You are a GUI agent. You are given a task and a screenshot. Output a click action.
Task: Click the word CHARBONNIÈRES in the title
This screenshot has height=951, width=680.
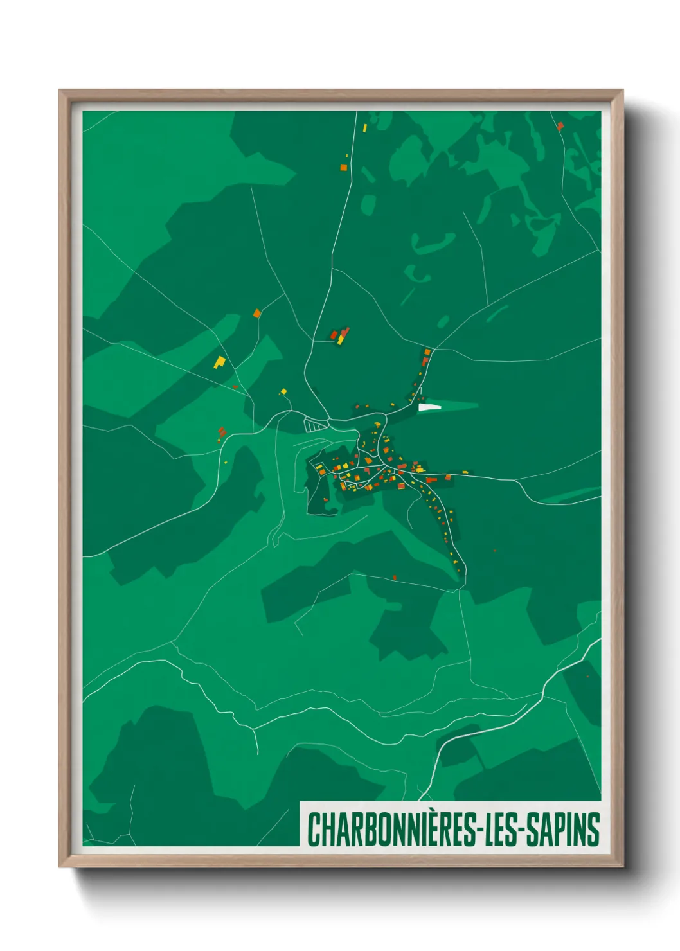click(x=391, y=830)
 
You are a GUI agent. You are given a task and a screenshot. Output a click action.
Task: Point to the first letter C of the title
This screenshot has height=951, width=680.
click(x=314, y=830)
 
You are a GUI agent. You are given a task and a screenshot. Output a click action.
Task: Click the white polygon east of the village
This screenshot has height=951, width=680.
click(x=429, y=406)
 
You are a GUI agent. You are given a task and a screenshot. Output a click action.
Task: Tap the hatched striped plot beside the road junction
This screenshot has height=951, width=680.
click(x=314, y=425)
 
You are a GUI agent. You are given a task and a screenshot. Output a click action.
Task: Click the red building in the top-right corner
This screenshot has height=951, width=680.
click(x=560, y=126)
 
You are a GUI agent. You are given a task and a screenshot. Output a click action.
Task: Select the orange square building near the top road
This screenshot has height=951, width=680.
click(x=343, y=168)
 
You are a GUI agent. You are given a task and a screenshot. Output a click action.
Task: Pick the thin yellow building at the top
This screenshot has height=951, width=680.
click(x=364, y=127)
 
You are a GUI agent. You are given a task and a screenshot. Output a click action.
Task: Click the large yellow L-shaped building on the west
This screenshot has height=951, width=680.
click(x=220, y=362)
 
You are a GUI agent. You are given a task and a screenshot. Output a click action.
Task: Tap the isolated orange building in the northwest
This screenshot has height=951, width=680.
click(x=257, y=314)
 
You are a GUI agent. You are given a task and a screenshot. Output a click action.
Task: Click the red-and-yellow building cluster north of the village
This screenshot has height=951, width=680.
click(x=339, y=335)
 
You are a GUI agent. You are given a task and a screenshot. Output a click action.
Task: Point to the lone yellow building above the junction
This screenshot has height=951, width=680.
click(x=283, y=391)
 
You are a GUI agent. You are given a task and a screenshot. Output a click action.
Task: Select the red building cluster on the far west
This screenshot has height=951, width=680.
click(x=222, y=432)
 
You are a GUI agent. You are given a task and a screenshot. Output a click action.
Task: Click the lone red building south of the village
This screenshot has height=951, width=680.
click(x=395, y=577)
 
